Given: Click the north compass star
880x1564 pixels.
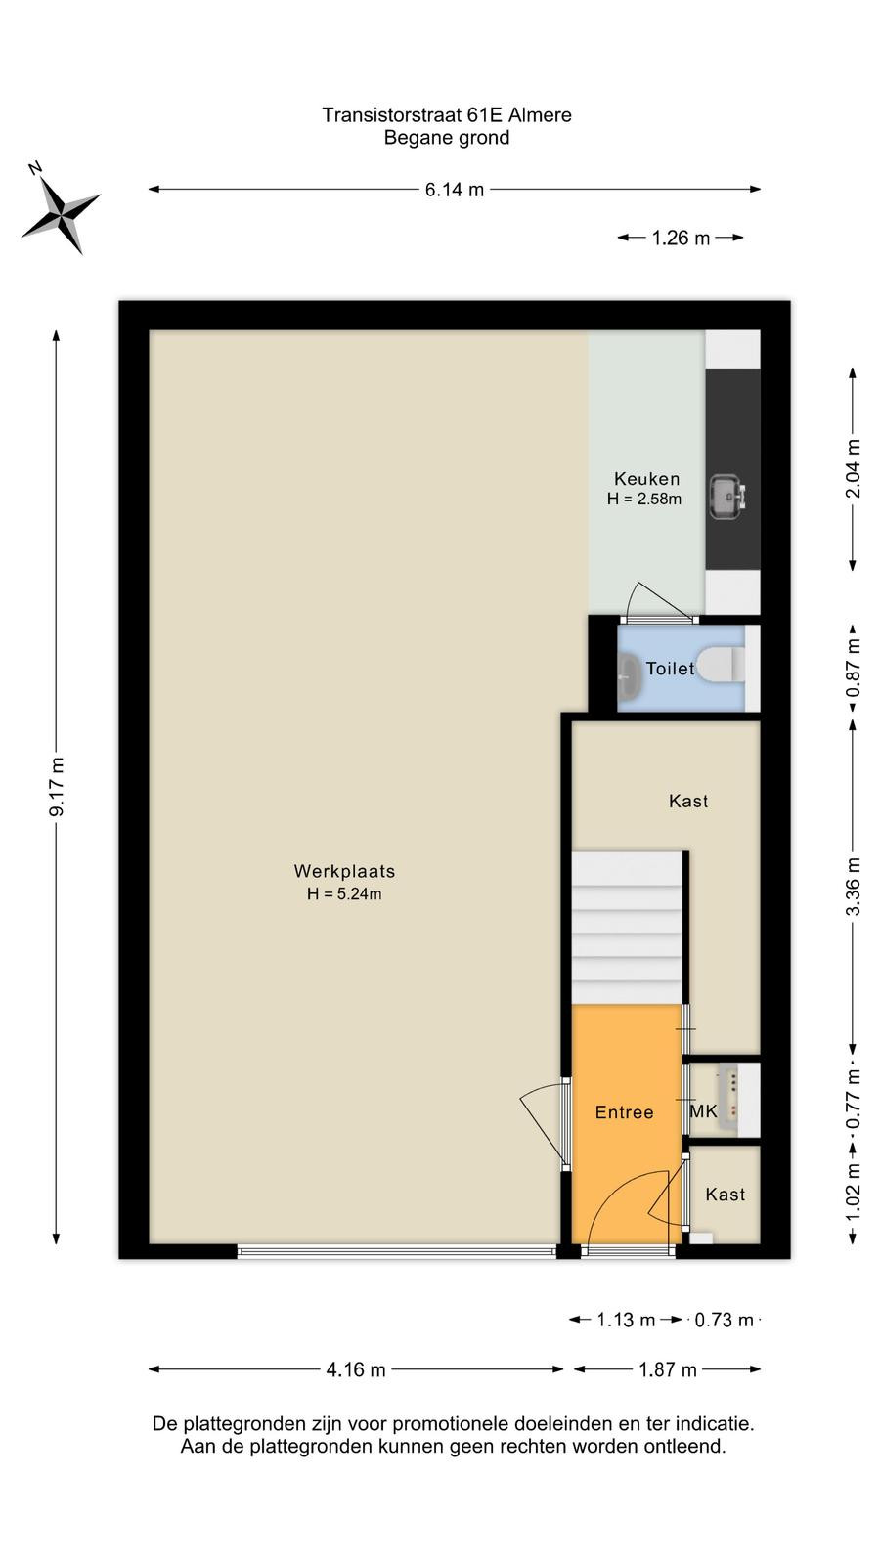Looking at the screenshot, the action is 62,212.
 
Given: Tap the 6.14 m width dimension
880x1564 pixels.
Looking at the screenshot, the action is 455,190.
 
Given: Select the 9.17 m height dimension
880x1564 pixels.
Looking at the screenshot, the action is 57,787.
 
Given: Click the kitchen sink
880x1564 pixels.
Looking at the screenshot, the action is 727,498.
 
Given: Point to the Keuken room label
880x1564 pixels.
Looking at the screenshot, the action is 646,479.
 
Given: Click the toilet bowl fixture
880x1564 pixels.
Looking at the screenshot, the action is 721,664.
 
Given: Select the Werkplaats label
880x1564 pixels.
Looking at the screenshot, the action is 344,871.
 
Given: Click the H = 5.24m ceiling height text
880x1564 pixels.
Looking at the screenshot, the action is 344,893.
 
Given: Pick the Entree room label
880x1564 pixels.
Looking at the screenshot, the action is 625,1112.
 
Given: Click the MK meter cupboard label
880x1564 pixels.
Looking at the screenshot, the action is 703,1110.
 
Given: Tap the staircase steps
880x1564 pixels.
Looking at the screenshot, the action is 627,928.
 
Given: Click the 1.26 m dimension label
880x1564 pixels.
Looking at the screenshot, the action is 681,239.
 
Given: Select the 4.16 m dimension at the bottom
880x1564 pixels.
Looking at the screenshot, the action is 356,1369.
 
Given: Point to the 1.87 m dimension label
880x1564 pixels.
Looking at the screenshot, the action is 668,1369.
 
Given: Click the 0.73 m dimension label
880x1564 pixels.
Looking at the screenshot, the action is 725,1321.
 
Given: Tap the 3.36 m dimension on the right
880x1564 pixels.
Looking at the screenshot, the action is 853,886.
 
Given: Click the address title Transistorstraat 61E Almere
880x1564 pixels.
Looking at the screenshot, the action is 447,115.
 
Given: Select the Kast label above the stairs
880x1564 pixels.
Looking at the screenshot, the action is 688,801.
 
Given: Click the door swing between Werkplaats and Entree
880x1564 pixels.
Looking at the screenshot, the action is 542,1124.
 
